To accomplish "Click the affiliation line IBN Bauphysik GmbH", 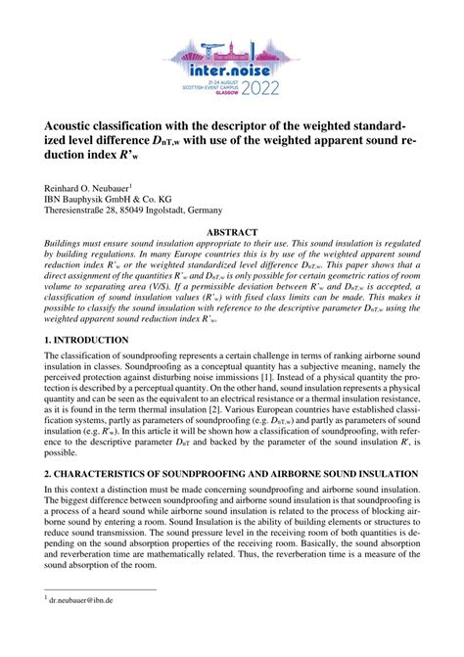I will [103, 197].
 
